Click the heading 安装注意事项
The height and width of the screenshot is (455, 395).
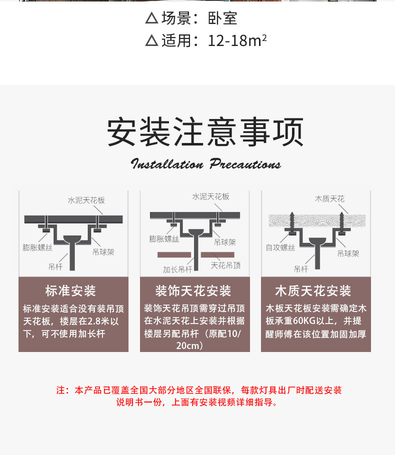pos(205,132)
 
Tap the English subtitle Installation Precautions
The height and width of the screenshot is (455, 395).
pos(205,164)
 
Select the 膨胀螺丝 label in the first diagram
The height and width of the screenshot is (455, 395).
pos(37,247)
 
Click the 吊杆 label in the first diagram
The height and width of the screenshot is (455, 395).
pos(55,267)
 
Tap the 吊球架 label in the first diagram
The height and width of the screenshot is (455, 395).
pos(103,252)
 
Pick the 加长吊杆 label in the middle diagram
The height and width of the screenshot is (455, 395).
pos(177,269)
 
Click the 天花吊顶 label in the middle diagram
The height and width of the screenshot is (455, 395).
pos(225,265)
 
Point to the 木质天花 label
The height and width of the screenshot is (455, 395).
pos(329,199)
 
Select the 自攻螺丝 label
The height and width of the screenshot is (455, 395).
pos(280,247)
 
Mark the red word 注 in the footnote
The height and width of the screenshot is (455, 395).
pos(60,390)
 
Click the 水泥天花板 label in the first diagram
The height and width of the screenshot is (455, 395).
pos(86,200)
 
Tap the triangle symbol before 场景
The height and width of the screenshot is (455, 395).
pos(151,19)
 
